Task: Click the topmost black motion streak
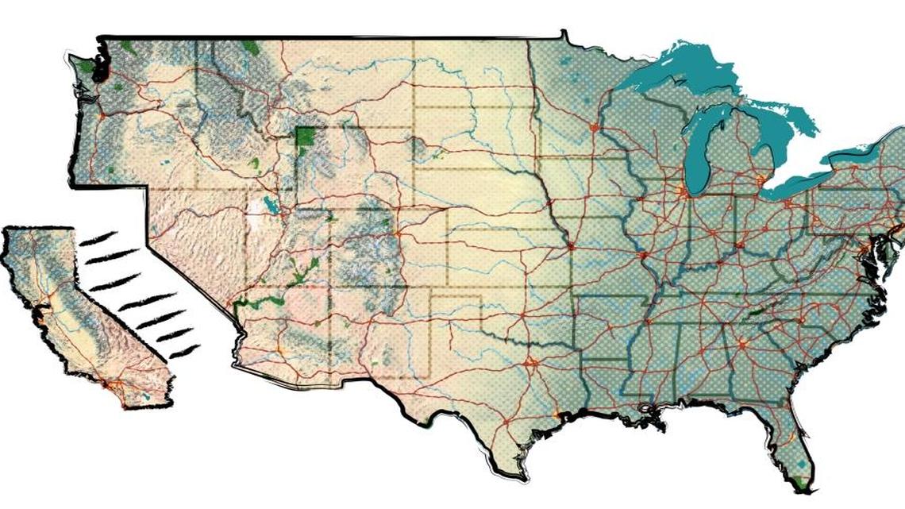coord(99,237)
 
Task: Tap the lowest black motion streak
coord(185,349)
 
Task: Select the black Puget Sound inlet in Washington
coord(102,67)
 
